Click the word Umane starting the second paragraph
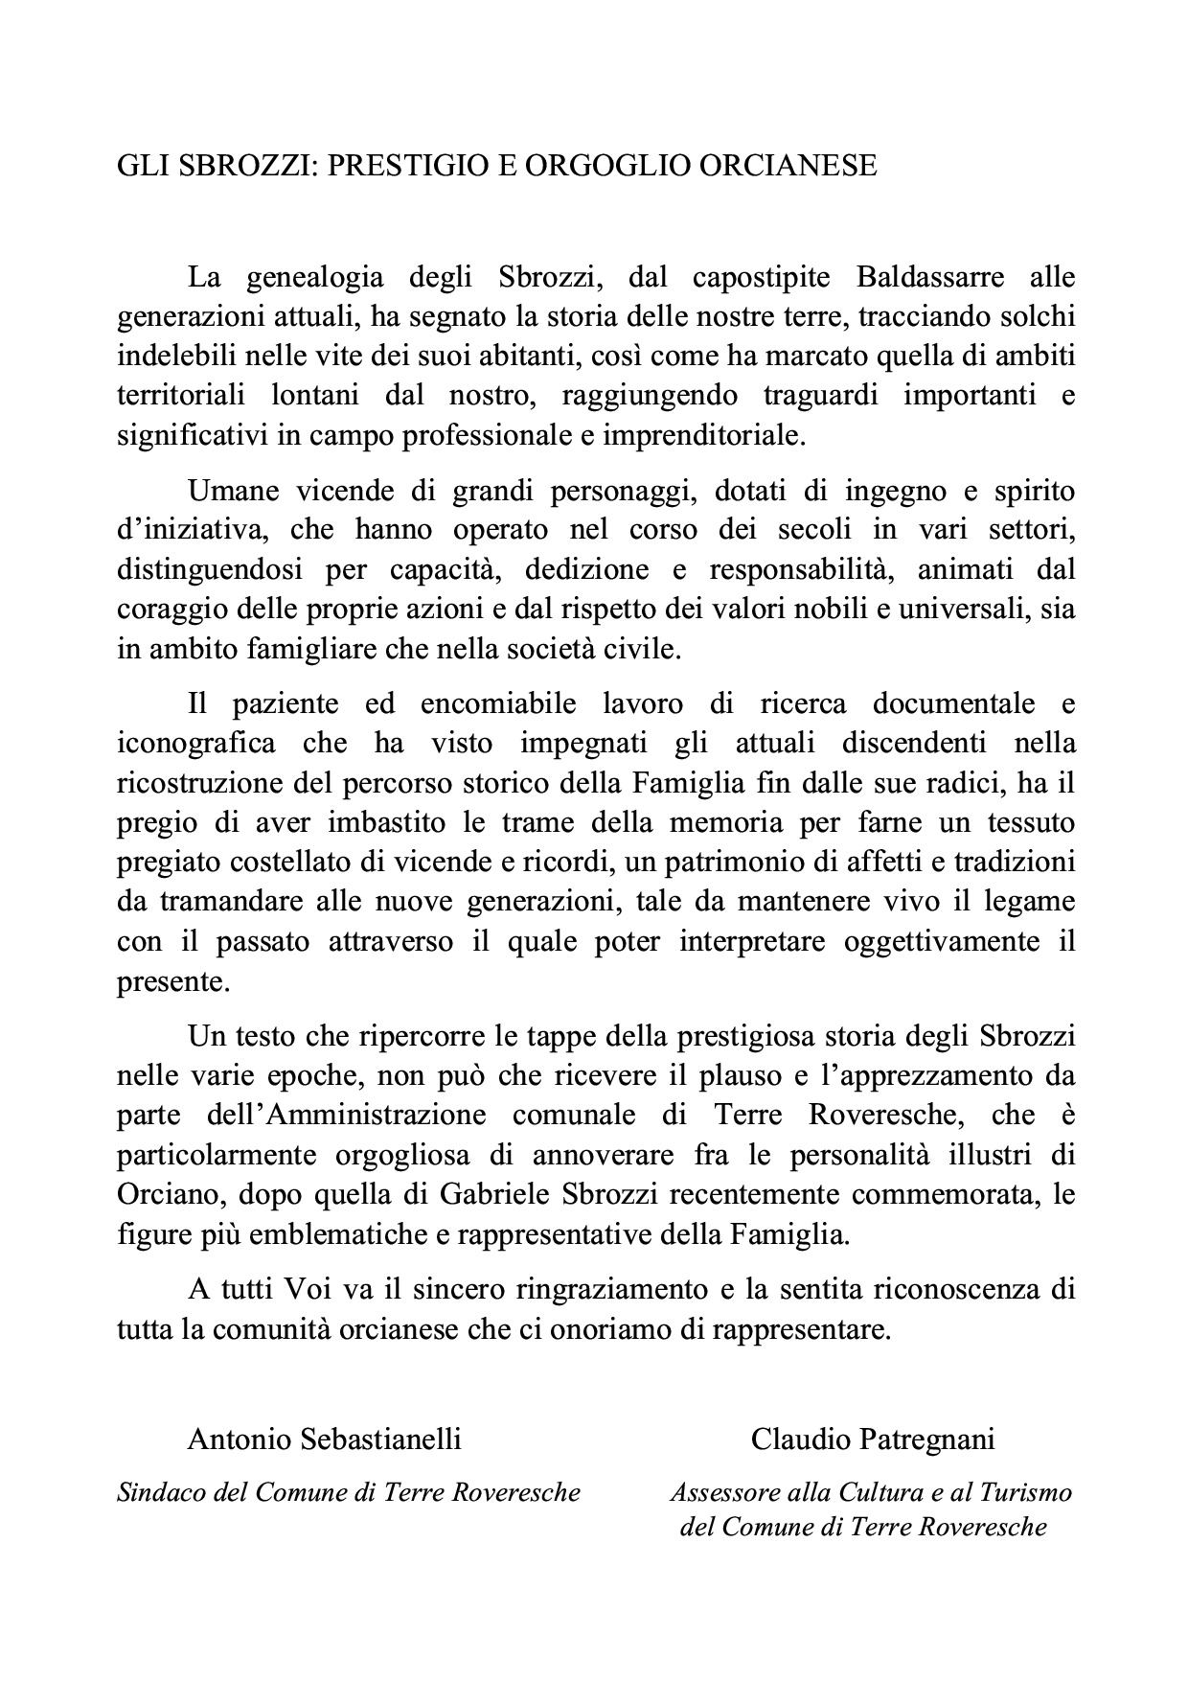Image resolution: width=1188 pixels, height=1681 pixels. click(234, 491)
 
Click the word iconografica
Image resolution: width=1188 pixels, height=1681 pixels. click(196, 743)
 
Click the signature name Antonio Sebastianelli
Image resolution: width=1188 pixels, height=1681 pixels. click(325, 1439)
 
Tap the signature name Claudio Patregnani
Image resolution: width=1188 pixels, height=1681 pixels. click(873, 1439)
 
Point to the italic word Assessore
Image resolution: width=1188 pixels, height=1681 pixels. click(717, 1492)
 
